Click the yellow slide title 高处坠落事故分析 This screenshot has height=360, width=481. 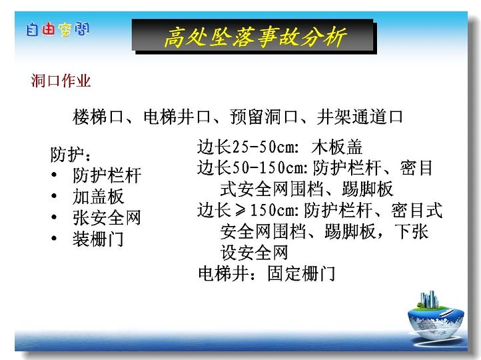coord(255,37)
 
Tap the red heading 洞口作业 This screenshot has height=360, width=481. coord(61,81)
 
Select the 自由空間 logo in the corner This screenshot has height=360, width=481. coord(58,29)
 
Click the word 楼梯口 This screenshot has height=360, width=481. coord(98,117)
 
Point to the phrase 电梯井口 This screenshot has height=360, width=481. coord(177,117)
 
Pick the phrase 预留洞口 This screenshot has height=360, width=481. coord(264,117)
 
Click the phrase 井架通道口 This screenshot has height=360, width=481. coord(360,117)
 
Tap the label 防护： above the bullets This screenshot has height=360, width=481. coord(71,155)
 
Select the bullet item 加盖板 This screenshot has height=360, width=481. coord(98,197)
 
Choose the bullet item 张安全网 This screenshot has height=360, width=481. coord(107,217)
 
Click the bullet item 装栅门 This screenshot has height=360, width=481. coord(98,239)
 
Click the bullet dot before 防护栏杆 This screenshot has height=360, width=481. coord(54,175)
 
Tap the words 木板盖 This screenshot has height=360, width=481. coord(337,147)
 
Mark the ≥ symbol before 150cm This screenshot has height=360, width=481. coord(240,210)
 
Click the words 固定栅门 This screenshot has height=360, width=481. coord(301,273)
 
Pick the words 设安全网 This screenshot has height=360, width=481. coord(254,252)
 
